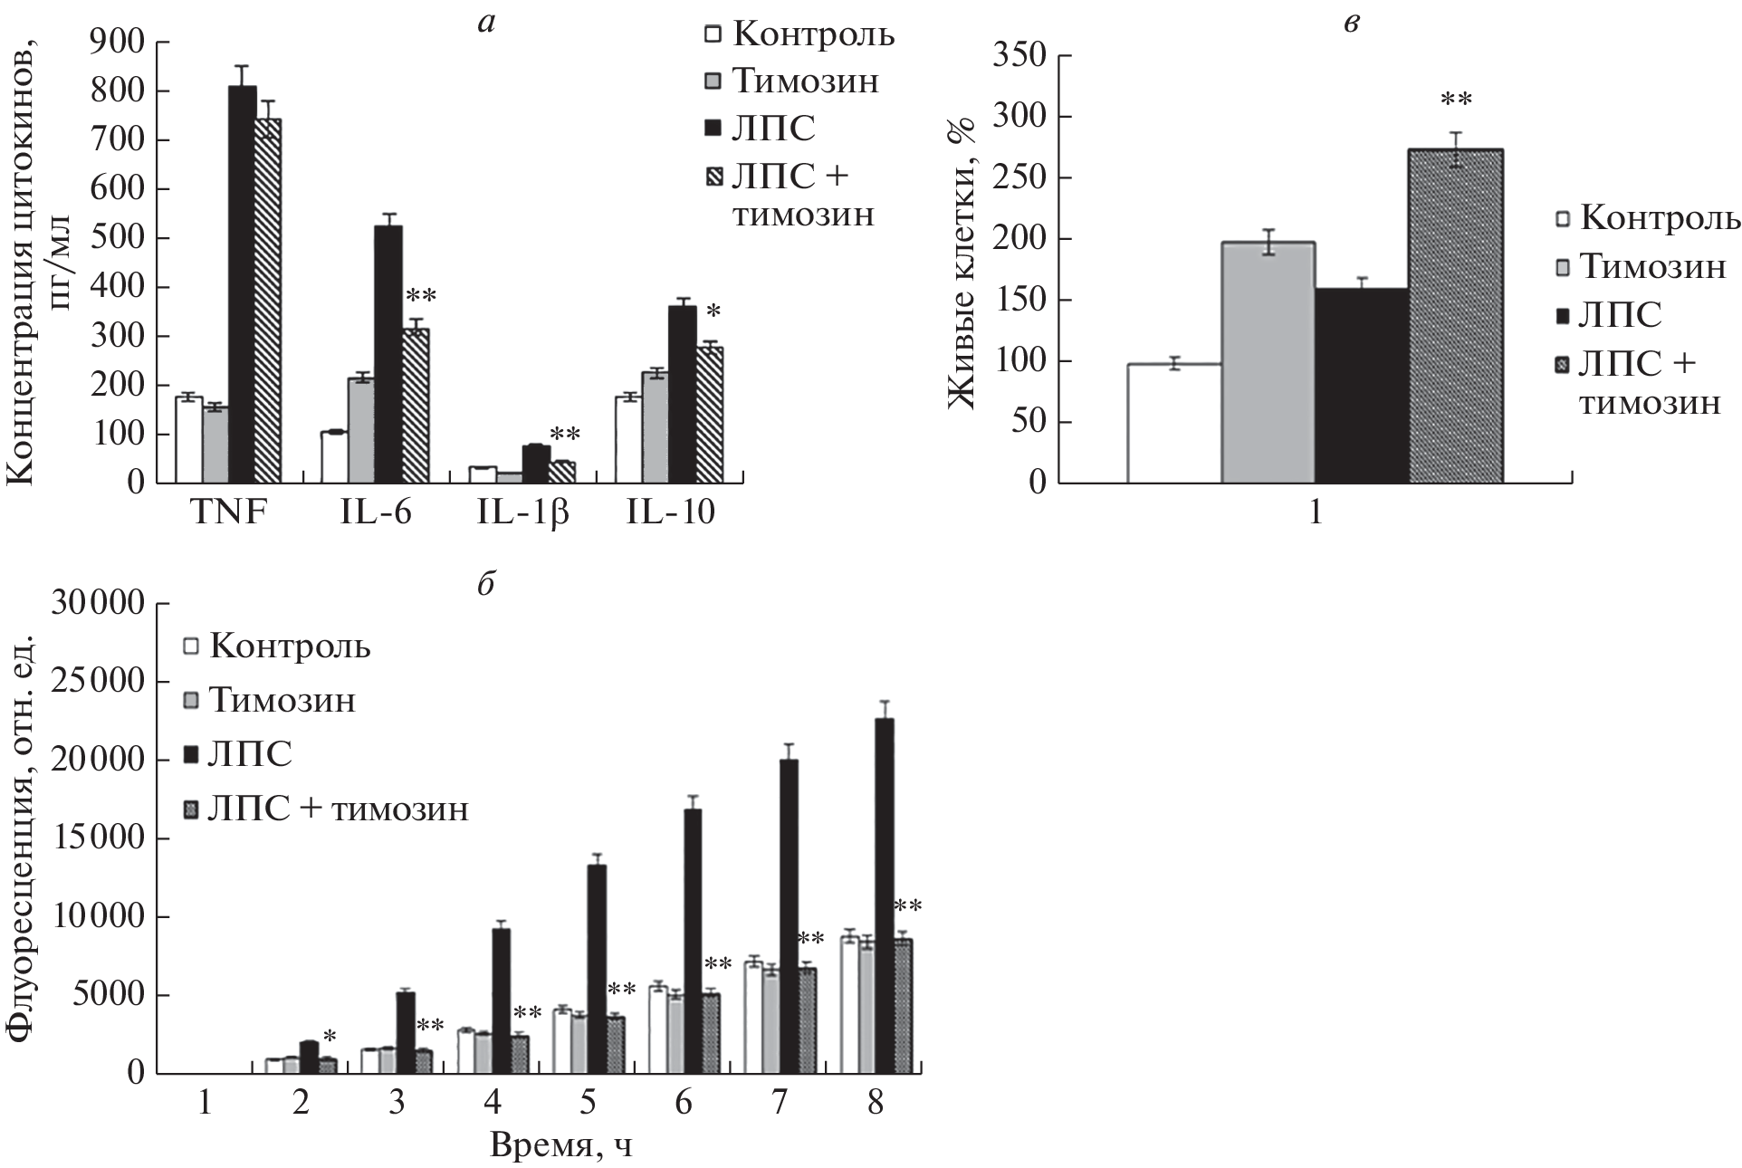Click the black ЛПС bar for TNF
242,284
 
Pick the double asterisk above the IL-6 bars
421,297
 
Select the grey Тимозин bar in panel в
1268,362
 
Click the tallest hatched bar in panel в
1457,316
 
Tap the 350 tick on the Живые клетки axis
1020,56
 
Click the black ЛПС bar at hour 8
885,896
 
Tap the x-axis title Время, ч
561,1144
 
